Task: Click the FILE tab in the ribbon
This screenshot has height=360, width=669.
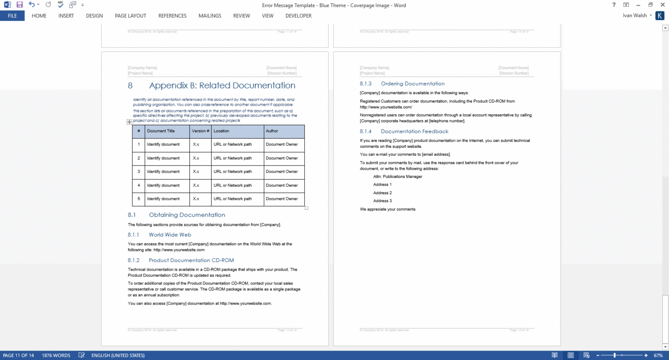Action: [x=12, y=16]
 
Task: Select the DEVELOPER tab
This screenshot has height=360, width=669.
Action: [x=298, y=16]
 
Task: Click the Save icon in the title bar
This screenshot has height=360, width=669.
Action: [x=20, y=5]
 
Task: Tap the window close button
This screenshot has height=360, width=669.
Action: [x=662, y=5]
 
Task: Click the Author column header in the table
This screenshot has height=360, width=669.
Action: [x=272, y=131]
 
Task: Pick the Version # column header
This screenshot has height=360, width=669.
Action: [x=201, y=131]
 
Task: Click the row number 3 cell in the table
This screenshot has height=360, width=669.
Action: [x=139, y=172]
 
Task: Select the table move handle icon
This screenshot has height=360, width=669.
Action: [x=129, y=122]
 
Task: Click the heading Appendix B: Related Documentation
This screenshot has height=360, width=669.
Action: [x=222, y=86]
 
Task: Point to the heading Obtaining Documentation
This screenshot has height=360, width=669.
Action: [x=187, y=215]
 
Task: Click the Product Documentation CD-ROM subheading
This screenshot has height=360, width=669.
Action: [x=191, y=261]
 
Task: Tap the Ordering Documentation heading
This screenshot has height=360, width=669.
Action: [x=412, y=84]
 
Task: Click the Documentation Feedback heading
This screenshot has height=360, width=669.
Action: [x=414, y=131]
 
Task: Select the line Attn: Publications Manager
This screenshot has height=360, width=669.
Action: [x=398, y=177]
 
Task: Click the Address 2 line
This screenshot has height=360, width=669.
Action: [x=382, y=193]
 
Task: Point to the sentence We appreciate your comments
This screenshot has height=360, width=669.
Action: [x=388, y=209]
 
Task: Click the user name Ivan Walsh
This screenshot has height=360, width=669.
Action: [x=635, y=16]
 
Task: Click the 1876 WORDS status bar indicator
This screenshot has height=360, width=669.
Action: [x=56, y=355]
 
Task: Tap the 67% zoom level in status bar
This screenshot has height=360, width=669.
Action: [x=658, y=355]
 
